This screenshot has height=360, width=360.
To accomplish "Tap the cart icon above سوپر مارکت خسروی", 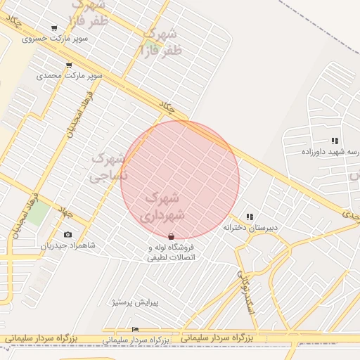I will pos(55,28).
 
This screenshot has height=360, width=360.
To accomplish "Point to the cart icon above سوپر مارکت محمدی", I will pos(69,65).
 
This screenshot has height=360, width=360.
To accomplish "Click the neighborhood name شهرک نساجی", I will pos(110,167).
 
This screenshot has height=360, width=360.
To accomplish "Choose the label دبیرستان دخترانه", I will pos(251,228).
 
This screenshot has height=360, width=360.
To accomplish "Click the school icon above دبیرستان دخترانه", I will pos(250,217).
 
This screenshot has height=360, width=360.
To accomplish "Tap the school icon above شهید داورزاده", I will pos(335,141).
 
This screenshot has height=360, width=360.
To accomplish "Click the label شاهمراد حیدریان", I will pos(67,245).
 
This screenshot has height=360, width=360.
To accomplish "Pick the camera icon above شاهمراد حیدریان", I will pos(67,234).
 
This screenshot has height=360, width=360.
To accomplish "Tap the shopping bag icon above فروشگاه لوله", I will pos(172,237).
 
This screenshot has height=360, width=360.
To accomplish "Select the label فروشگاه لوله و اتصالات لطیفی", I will pos(171,252).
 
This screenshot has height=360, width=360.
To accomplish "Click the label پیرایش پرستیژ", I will pos(136,302).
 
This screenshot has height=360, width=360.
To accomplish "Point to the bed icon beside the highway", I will pos(136,329).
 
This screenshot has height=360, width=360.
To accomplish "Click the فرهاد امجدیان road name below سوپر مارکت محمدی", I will pos(80,112).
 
